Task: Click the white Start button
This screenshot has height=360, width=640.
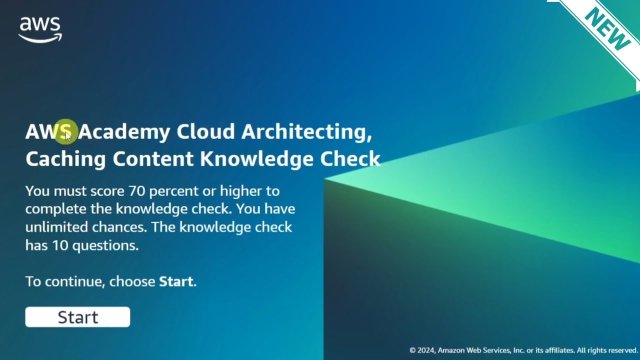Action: (x=77, y=317)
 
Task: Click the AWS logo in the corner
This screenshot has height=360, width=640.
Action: (x=40, y=29)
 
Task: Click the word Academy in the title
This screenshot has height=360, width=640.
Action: (x=124, y=131)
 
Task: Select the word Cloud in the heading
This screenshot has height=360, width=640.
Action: (x=205, y=131)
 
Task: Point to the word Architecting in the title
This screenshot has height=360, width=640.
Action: (x=306, y=131)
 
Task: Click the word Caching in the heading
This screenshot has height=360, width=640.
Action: (x=65, y=159)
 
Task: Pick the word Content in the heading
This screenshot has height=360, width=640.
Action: (x=152, y=159)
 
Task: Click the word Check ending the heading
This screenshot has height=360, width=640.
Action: (x=350, y=159)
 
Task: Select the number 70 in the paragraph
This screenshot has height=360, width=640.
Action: (x=137, y=191)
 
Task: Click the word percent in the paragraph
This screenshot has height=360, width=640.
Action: (x=173, y=191)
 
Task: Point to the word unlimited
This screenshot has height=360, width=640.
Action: (x=56, y=227)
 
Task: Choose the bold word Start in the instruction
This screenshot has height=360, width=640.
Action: (x=175, y=281)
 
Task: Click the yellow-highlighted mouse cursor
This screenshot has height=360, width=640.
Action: (x=66, y=132)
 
